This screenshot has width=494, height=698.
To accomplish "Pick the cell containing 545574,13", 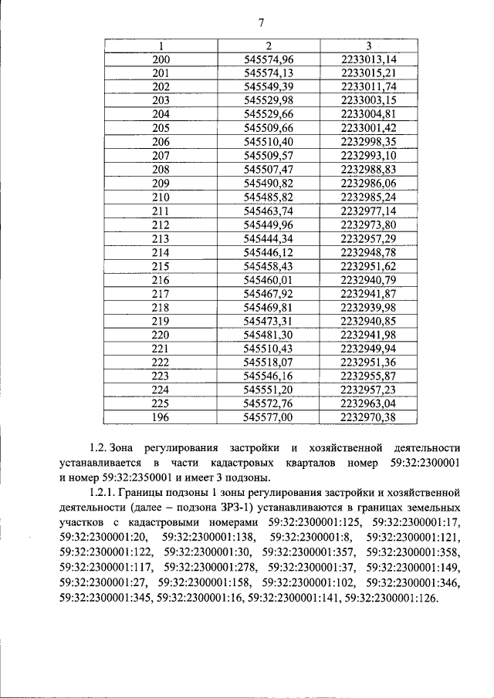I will click(269, 73).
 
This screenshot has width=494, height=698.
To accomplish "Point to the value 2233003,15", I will click(368, 100).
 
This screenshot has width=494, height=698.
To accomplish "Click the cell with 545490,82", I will click(269, 183).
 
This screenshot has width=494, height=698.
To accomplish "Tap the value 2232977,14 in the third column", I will click(368, 211).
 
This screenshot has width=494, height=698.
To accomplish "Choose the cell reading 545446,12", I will click(269, 252).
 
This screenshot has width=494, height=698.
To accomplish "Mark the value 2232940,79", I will click(368, 279).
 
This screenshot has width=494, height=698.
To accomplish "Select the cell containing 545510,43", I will click(269, 349).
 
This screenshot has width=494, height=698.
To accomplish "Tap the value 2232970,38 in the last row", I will click(368, 417).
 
